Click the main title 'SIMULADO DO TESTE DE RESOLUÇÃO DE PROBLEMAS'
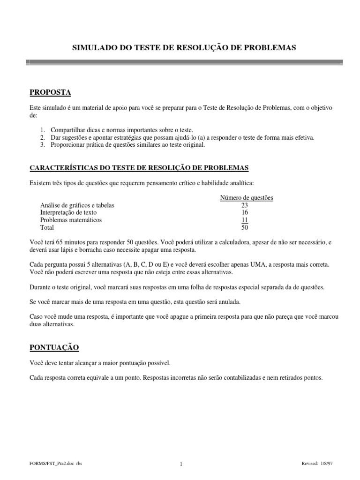(183, 48)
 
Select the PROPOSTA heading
(50, 91)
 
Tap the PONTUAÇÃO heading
(54, 347)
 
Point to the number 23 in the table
(245, 205)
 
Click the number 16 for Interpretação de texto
(245, 213)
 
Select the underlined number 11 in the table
(245, 220)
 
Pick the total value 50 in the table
(245, 228)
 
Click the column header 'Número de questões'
(247, 198)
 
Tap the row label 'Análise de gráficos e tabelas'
(77, 205)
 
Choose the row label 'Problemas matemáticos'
(71, 220)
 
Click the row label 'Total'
(47, 228)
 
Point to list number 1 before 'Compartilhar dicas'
(42, 130)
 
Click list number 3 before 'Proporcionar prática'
(42, 145)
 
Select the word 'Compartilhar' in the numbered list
(66, 130)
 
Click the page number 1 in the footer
(180, 464)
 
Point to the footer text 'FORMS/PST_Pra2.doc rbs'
(56, 464)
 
